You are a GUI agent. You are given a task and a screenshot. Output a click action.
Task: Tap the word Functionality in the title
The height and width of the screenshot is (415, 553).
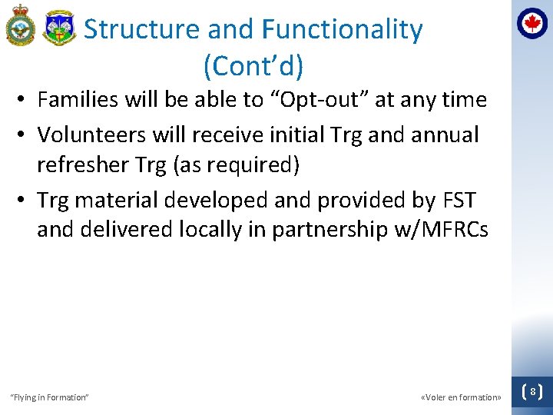click(x=342, y=29)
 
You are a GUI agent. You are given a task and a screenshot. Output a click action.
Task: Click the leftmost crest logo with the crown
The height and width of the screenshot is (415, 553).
click(x=21, y=26)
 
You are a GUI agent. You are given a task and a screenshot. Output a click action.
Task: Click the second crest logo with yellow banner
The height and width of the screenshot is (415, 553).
click(x=59, y=28)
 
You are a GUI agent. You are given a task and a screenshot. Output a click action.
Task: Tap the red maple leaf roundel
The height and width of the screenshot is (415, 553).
click(x=531, y=23)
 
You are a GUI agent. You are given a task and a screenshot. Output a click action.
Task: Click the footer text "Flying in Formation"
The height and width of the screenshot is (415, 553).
click(x=48, y=397)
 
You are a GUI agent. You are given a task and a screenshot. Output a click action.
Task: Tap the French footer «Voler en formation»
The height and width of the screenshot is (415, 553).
click(x=461, y=397)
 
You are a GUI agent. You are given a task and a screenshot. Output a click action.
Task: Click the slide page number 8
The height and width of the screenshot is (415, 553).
click(x=532, y=392)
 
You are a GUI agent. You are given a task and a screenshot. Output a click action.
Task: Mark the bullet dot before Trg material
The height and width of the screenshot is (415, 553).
click(x=25, y=201)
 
